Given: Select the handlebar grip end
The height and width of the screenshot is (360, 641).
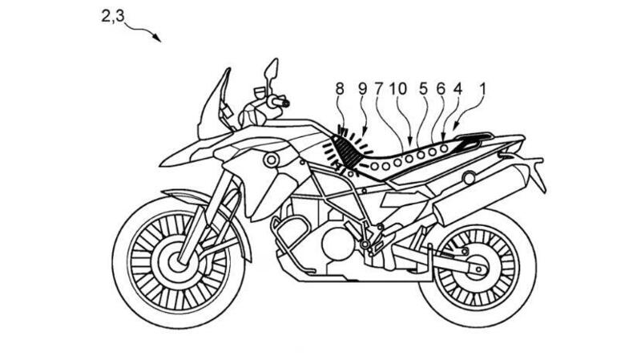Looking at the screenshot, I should click(x=284, y=103).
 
